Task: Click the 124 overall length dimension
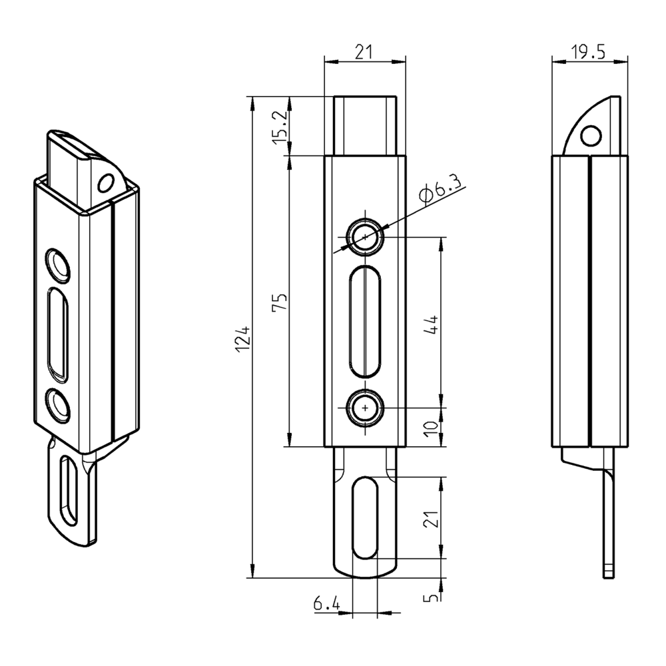(244, 338)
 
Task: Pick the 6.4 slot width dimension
(326, 604)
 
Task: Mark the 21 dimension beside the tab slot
(432, 518)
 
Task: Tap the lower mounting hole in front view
(364, 407)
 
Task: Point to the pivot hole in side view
(589, 136)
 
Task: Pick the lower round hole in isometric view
(58, 405)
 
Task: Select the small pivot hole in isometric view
(105, 183)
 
